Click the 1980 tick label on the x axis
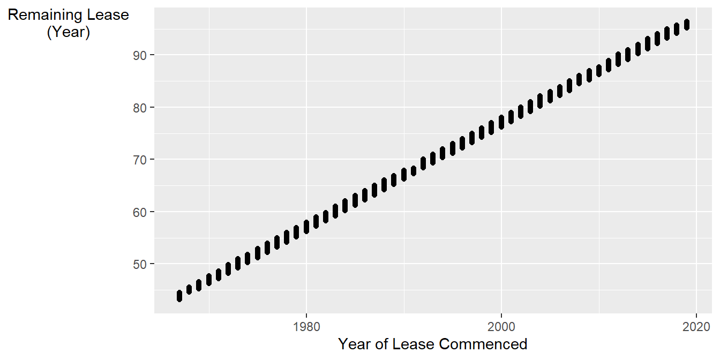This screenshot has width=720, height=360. [306, 325]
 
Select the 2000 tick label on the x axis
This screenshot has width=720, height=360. [501, 325]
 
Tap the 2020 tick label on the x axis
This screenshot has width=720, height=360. [696, 325]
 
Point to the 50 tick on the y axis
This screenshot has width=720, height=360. [141, 264]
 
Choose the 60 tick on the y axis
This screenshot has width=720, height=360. [141, 212]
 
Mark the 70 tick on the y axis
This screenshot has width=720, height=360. [141, 160]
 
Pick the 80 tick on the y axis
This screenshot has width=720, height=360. [141, 107]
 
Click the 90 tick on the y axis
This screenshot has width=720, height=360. [141, 55]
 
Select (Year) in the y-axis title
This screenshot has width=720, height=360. [68, 32]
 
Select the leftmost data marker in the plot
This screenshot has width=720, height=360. [179, 296]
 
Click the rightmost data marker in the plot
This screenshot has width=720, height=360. [686, 25]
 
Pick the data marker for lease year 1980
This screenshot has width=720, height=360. [306, 227]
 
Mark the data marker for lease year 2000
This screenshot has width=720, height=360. [501, 122]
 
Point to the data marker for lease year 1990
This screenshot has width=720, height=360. [404, 174]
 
